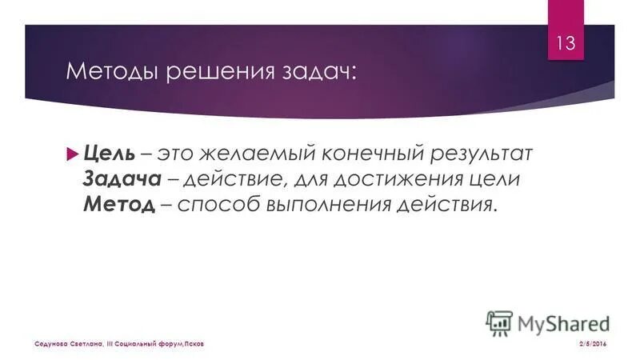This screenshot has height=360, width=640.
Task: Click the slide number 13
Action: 566,43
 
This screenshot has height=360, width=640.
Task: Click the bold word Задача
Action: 119,178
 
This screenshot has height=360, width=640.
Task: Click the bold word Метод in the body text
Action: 118,204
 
